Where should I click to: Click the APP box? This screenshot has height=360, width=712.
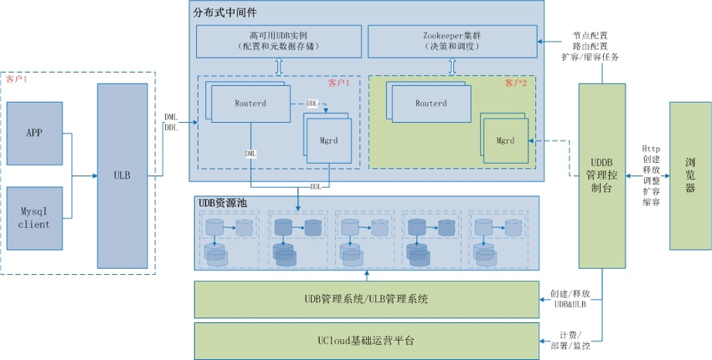coord(34,132)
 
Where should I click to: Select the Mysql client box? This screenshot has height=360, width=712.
coord(34,217)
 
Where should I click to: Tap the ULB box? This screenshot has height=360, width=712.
coord(121,175)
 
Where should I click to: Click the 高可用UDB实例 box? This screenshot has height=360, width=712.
coord(279,41)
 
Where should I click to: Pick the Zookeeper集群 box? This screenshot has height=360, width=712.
coord(452,41)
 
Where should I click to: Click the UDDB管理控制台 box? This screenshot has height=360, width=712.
coord(601,175)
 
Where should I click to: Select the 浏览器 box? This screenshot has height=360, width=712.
coord(690,175)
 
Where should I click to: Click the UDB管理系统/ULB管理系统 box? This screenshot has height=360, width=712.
coord(366,299)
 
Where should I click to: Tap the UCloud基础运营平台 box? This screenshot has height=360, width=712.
coord(366,340)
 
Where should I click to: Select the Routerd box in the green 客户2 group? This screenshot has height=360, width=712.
coord(430,103)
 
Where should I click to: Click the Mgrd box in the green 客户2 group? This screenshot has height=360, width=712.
coord(505,141)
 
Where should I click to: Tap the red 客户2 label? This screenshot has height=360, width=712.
coord(515,83)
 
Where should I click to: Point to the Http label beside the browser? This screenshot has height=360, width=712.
coord(650,149)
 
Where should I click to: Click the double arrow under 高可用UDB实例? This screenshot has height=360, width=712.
coord(279,66)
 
